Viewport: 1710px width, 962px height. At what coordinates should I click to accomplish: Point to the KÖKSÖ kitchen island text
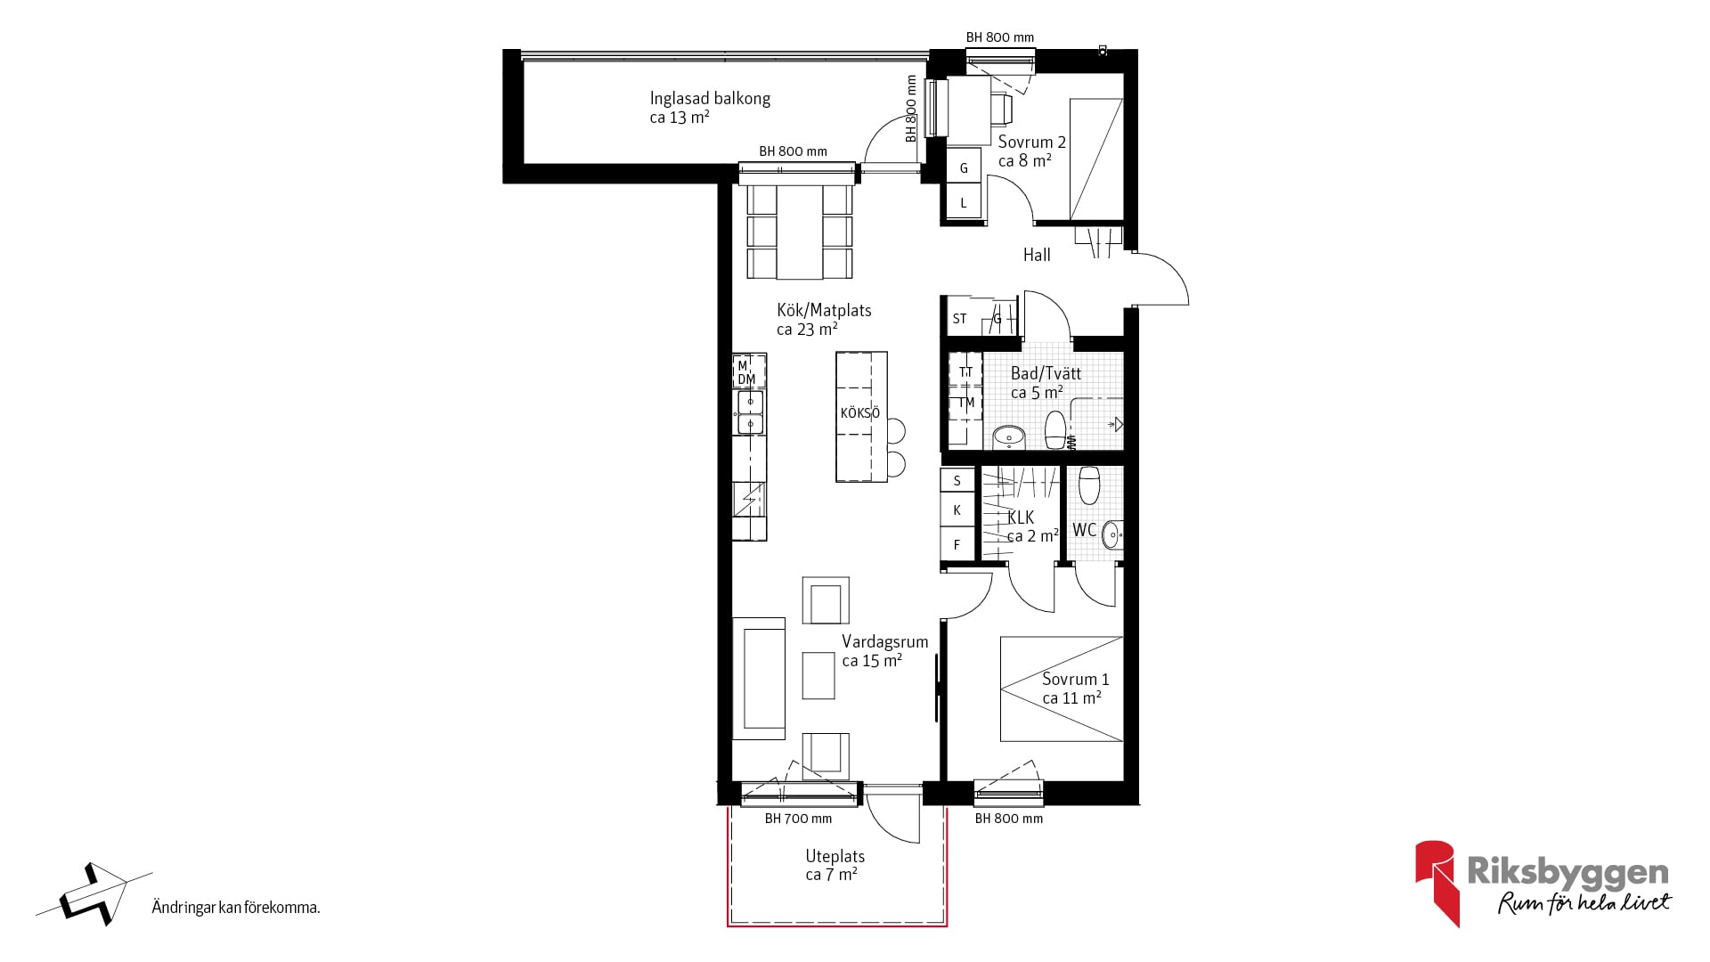click(860, 413)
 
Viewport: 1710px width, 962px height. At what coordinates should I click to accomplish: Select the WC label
click(1084, 531)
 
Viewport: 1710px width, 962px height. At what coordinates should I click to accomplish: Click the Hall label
click(1037, 256)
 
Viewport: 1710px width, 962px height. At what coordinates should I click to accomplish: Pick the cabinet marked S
click(957, 481)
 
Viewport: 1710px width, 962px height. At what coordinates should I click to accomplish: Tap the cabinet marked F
click(957, 544)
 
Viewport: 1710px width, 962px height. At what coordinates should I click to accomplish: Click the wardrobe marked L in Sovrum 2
click(963, 203)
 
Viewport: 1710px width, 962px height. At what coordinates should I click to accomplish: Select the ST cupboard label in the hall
click(959, 319)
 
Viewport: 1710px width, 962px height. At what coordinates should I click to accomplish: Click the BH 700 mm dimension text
click(798, 819)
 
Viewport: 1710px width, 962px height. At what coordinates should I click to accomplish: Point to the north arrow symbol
click(94, 893)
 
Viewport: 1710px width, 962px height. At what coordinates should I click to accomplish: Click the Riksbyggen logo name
click(1567, 872)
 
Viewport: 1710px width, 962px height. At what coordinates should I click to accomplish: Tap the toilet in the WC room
click(1089, 485)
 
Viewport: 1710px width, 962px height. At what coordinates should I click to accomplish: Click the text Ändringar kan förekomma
click(236, 908)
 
